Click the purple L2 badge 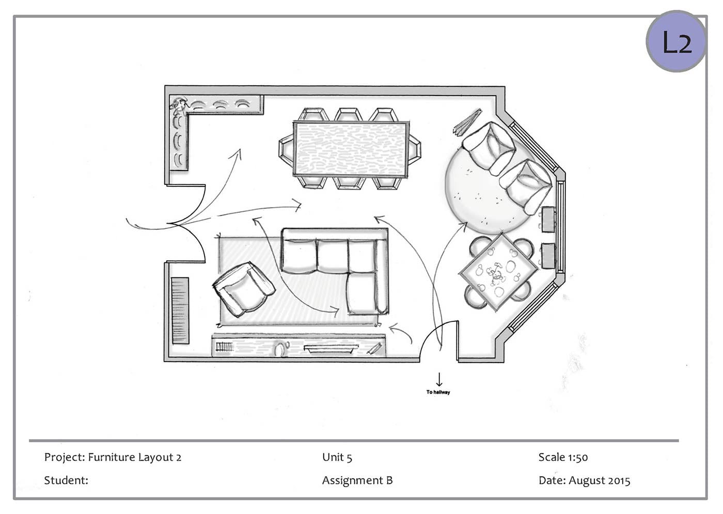pos(676,41)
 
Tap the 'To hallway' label pos(438,392)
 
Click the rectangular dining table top pos(351,149)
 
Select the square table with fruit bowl pos(498,272)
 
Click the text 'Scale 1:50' pos(563,457)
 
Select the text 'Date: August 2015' pos(584,480)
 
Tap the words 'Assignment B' pos(357,480)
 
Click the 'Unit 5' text pos(337,457)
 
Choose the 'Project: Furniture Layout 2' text pos(113,457)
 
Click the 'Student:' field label pos(66,480)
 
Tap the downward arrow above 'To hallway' pos(439,379)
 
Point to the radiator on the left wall pos(180,310)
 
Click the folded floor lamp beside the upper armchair pos(467,122)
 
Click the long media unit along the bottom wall pos(298,346)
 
